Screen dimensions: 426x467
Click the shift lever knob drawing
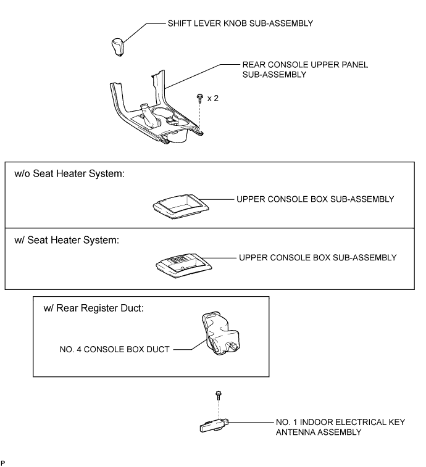point(118,47)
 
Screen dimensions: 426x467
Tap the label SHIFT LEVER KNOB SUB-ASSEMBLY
point(240,23)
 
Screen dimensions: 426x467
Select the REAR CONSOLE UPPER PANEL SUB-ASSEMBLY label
point(305,69)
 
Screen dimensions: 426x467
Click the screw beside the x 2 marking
point(199,97)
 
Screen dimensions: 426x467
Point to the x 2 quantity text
point(213,98)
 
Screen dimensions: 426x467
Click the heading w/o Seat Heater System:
point(70,173)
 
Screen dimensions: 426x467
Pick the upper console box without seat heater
point(181,206)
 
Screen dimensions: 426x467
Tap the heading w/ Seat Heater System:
point(67,240)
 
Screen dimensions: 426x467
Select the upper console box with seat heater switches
point(183,265)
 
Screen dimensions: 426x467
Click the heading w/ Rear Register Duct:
point(94,308)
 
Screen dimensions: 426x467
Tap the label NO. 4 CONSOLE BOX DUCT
point(114,349)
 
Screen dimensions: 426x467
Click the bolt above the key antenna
point(218,395)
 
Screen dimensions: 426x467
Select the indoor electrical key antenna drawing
point(214,425)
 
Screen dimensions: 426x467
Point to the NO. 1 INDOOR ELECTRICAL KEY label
point(340,423)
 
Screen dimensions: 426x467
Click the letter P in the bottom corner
point(2,463)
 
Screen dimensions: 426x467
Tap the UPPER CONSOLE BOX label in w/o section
point(315,199)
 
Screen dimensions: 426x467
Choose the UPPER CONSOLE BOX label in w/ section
point(317,258)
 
